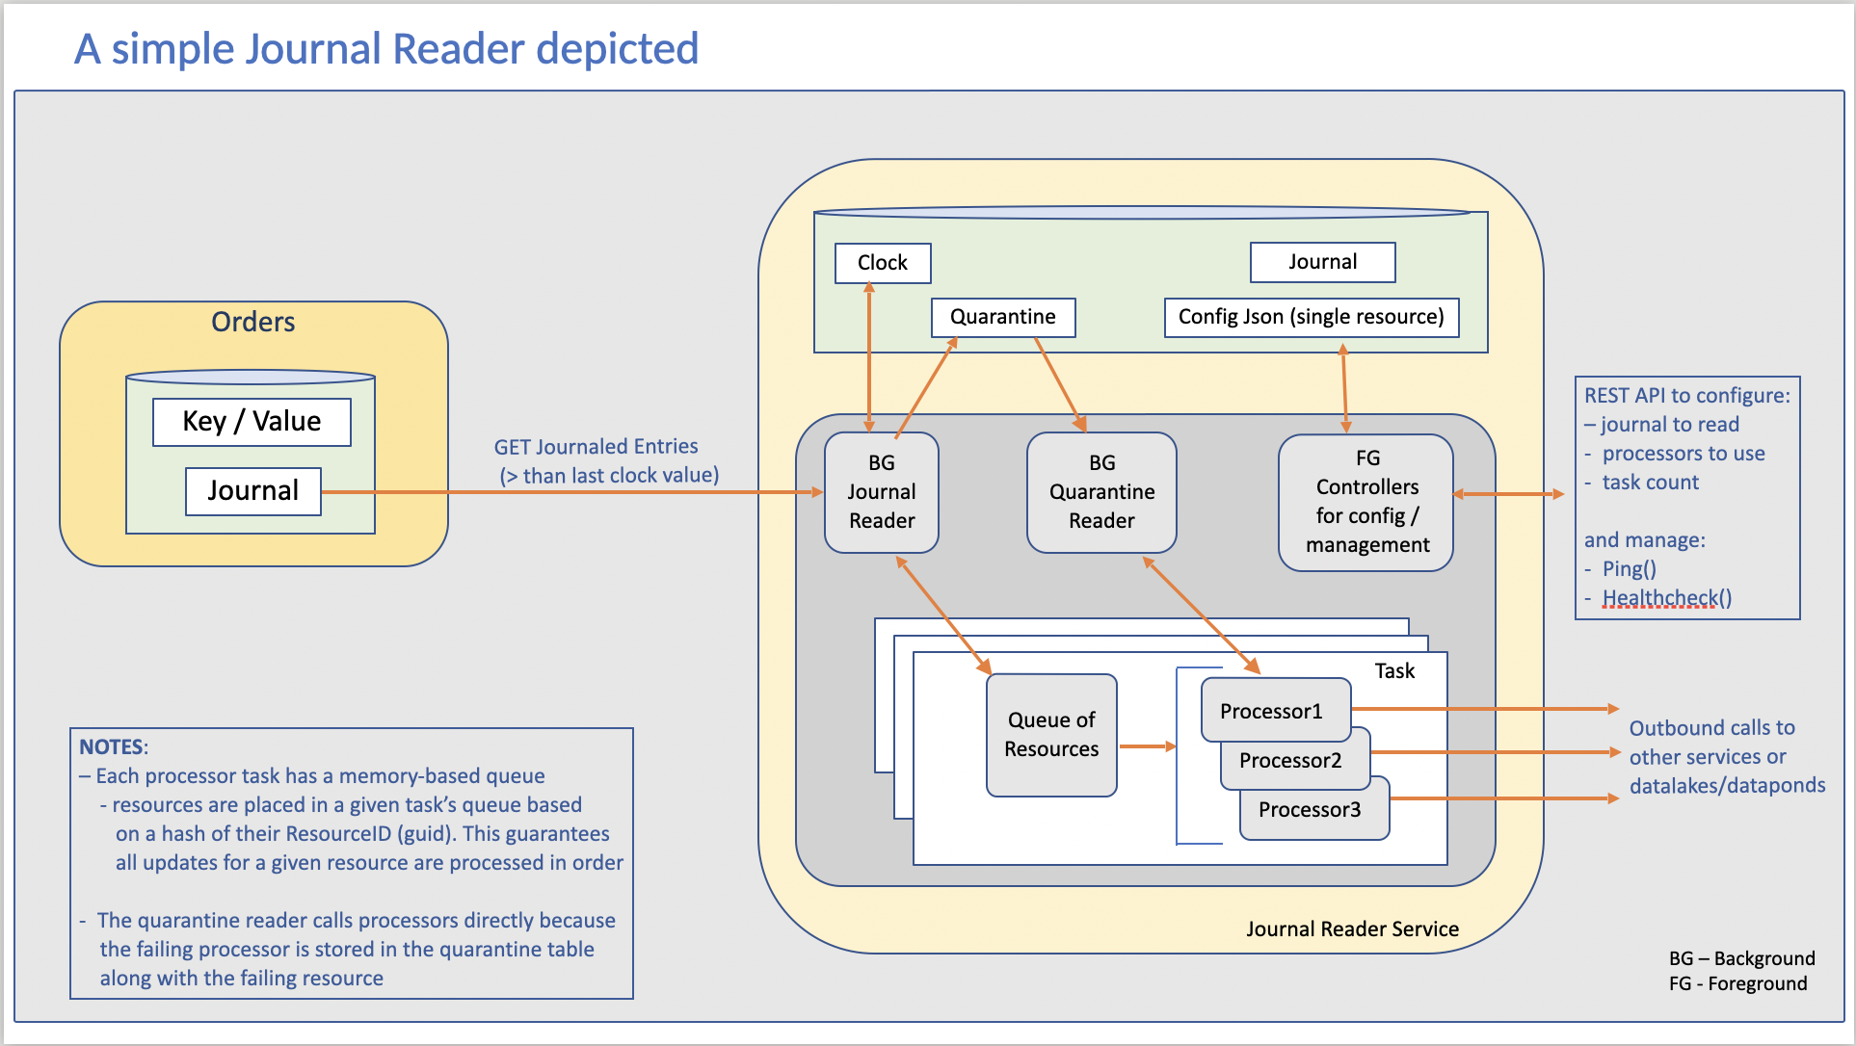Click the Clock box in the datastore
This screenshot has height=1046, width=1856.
coord(882,263)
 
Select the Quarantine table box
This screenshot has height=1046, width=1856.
coord(1002,317)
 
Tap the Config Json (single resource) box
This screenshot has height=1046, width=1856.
coord(1311,317)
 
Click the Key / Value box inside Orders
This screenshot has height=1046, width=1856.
coord(252,422)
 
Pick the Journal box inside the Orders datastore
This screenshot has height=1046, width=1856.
coord(252,491)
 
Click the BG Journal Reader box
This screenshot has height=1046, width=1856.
coord(881,492)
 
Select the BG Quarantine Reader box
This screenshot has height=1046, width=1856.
coord(1101,492)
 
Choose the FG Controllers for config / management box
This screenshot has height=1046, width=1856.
coord(1365,502)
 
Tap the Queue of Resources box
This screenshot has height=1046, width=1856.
coord(1051,735)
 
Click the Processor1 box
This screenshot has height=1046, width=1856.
coord(1271,711)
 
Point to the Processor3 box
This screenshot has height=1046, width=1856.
coord(1311,811)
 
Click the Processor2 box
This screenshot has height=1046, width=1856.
coord(1290,761)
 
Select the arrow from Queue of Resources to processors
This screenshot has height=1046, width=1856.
coord(1147,746)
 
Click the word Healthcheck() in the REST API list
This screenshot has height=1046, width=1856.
coord(1666,598)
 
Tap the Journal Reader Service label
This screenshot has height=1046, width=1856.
coord(1352,928)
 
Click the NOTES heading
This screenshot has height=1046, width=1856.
coord(113,747)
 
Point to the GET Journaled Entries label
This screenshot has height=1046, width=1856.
coord(596,447)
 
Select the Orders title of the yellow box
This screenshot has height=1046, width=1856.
coord(252,322)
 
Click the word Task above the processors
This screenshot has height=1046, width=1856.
coord(1393,671)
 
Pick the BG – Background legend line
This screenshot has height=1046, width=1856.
coord(1741,958)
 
